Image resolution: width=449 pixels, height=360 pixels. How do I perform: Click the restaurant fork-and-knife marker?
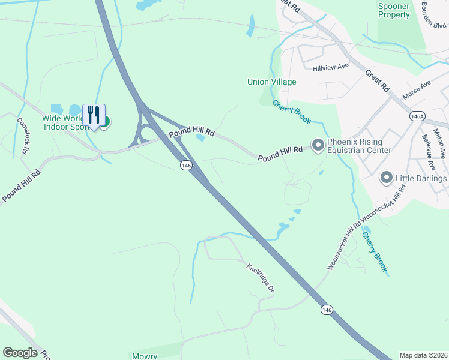coord(94,115)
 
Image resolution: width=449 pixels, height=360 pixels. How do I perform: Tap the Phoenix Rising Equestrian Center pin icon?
coord(318,145)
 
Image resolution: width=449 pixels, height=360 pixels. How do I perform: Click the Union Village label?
coord(272,82)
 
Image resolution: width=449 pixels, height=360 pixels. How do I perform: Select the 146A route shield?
coord(417,116)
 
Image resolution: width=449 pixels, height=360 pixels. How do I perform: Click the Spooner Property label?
coord(394,11)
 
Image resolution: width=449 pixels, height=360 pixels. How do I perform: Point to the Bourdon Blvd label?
coord(433,13)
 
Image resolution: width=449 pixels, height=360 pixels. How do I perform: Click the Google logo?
coord(20,353)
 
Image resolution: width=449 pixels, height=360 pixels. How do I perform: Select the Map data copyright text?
coord(423,355)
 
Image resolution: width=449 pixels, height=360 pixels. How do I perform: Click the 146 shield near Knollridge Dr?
coord(326,310)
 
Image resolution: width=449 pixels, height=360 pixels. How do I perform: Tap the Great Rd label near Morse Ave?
coord(376,80)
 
